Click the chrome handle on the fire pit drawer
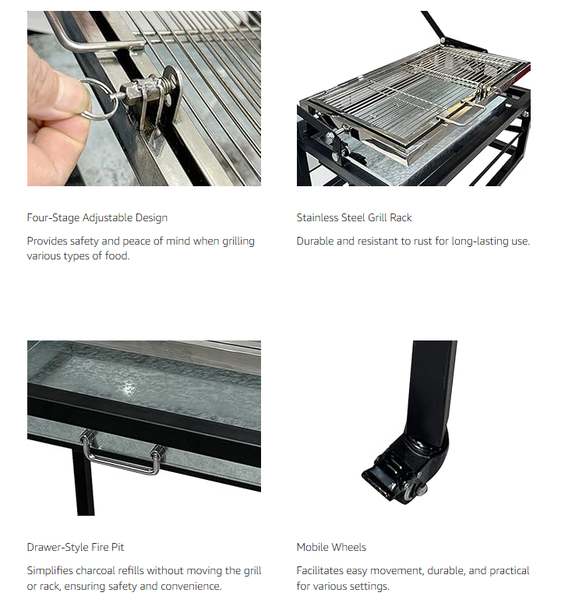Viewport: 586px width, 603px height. (x=121, y=460)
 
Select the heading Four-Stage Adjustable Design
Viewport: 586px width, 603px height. (x=97, y=217)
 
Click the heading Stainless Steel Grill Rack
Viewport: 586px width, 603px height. (x=354, y=217)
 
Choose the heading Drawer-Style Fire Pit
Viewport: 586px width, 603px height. (x=76, y=547)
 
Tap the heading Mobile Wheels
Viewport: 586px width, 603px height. (x=331, y=547)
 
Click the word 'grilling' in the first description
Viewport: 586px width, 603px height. (x=238, y=242)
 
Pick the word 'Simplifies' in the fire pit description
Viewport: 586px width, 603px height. (x=50, y=571)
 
